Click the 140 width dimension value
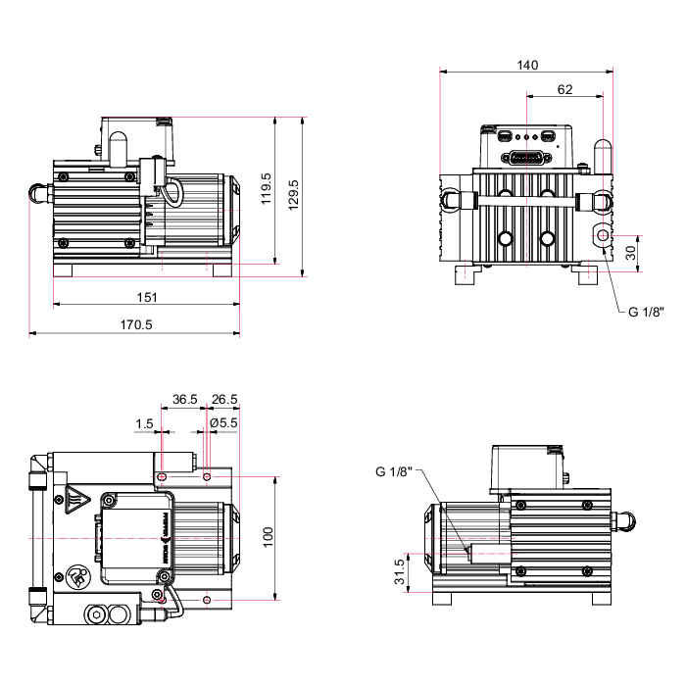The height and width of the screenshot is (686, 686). coord(527,65)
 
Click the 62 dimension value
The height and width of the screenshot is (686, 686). coord(564,89)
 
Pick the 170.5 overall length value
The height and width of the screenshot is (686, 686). coord(135,325)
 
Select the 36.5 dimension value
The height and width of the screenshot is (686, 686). coord(185,399)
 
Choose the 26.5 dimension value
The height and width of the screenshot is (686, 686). coord(224,399)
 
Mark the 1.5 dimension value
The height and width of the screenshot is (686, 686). coord(145,423)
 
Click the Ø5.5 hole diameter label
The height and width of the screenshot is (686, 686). coord(224,423)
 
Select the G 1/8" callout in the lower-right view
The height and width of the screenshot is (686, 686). coord(394,471)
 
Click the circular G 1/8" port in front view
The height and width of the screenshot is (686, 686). coord(602,237)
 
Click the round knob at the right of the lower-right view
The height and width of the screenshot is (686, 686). coord(623,520)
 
